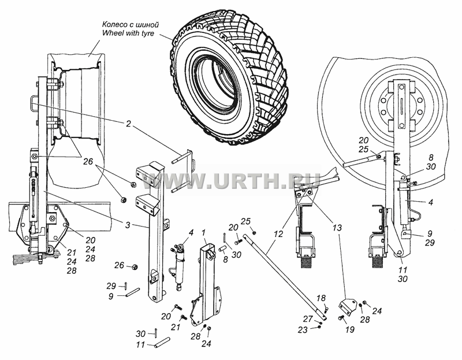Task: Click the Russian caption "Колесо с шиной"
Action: (131, 24)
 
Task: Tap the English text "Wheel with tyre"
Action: (128, 33)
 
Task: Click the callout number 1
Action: (204, 233)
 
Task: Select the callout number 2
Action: (128, 124)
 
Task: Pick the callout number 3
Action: (127, 225)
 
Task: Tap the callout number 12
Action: (278, 234)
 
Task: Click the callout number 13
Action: (337, 228)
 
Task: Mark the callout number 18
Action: (321, 298)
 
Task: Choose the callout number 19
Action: (350, 329)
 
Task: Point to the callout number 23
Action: (303, 329)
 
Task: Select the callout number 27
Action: (308, 319)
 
